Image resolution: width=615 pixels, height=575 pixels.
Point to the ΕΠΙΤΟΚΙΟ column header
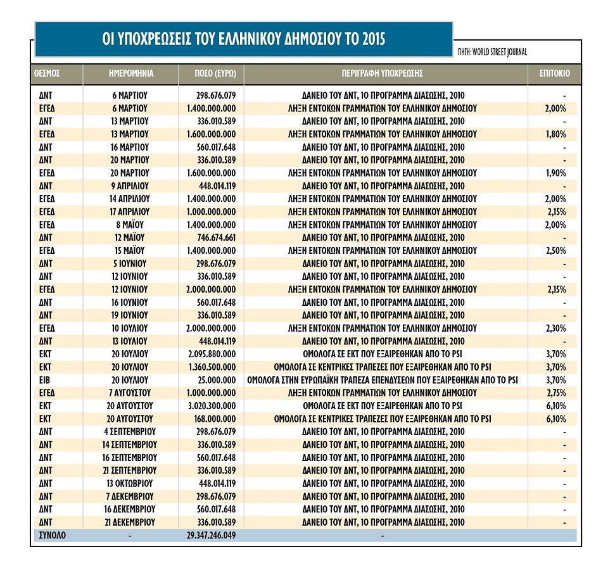click(554, 73)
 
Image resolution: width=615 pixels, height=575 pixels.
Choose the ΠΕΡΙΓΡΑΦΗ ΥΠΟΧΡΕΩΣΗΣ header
click(385, 73)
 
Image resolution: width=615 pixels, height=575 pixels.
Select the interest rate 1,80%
click(555, 134)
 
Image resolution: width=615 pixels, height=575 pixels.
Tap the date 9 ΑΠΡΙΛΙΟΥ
click(129, 186)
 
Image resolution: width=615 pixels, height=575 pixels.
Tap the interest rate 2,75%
click(555, 393)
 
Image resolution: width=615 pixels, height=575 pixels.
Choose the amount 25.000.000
click(218, 380)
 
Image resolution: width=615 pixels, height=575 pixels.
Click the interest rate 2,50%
click(555, 251)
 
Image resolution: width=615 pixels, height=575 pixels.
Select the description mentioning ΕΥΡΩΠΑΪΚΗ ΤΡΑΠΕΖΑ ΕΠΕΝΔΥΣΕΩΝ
click(382, 380)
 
